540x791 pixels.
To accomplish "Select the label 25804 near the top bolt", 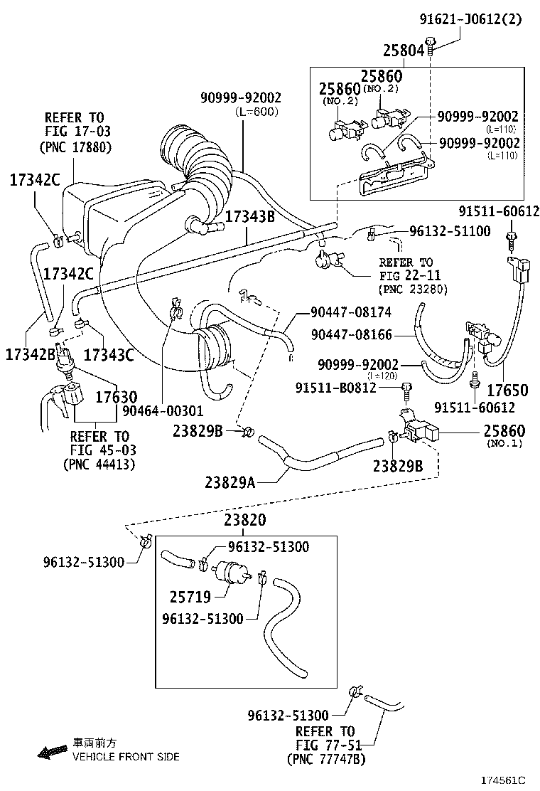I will pyautogui.click(x=404, y=51).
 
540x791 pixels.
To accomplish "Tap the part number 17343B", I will pyautogui.click(x=250, y=216).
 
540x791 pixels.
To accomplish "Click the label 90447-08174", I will pyautogui.click(x=350, y=312).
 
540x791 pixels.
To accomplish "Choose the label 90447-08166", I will pyautogui.click(x=350, y=334).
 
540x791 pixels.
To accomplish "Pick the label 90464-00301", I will pyautogui.click(x=163, y=410).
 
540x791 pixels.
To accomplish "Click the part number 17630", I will pyautogui.click(x=117, y=398).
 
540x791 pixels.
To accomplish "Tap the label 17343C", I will pyautogui.click(x=109, y=354).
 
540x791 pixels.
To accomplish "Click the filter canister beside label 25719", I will pyautogui.click(x=233, y=570).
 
